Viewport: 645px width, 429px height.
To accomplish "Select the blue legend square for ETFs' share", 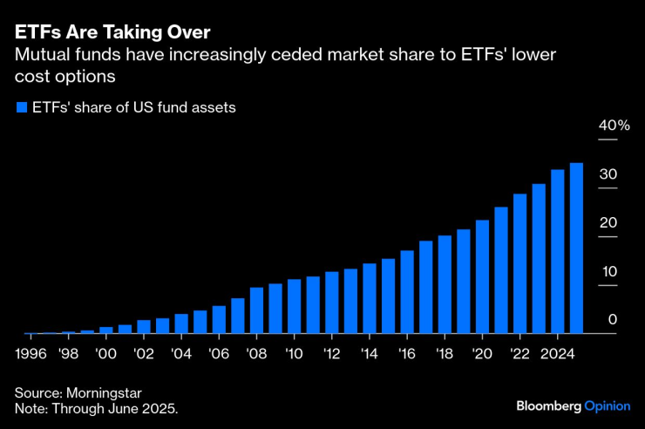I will [21, 108].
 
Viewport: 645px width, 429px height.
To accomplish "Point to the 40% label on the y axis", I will [613, 126].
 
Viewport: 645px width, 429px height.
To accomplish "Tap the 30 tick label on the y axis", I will [608, 174].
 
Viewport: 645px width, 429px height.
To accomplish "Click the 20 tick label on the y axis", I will [608, 222].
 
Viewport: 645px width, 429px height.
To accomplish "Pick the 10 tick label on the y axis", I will [608, 271].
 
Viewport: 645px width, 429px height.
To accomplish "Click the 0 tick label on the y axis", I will [612, 320].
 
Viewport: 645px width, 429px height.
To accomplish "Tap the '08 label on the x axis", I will [257, 355].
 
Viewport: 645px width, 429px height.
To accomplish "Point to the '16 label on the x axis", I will [407, 355].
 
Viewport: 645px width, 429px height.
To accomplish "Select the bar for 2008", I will [257, 310].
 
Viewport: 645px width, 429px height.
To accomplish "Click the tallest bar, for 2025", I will [576, 249].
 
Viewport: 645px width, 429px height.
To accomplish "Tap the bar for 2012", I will [332, 302].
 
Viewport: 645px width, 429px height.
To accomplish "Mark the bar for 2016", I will [407, 291].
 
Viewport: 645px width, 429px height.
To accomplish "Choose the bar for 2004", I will [181, 323].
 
